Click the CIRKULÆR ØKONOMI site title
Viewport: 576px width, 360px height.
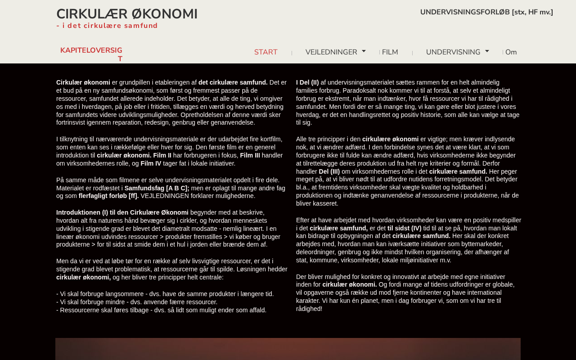127,14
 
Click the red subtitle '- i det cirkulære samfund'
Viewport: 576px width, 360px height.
107,26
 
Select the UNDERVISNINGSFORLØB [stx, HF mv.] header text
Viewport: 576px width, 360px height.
486,12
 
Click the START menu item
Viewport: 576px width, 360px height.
266,52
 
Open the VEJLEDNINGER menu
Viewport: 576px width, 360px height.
331,52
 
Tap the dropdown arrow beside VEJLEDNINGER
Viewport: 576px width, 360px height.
364,51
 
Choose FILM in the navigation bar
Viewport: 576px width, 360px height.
390,52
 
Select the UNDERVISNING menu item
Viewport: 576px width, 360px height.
453,52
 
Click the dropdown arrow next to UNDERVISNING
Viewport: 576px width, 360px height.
487,51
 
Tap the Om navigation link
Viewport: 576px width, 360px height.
511,52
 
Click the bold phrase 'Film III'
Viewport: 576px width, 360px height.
250,155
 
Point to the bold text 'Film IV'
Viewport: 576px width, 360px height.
151,163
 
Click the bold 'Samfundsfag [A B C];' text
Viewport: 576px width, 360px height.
157,188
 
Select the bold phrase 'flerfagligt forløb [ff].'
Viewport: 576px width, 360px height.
108,196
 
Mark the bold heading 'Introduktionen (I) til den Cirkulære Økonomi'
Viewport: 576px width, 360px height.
122,212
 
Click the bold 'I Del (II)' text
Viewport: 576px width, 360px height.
307,82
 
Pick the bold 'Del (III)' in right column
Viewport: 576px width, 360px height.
329,171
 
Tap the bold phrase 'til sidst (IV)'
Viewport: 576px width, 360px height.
405,228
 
